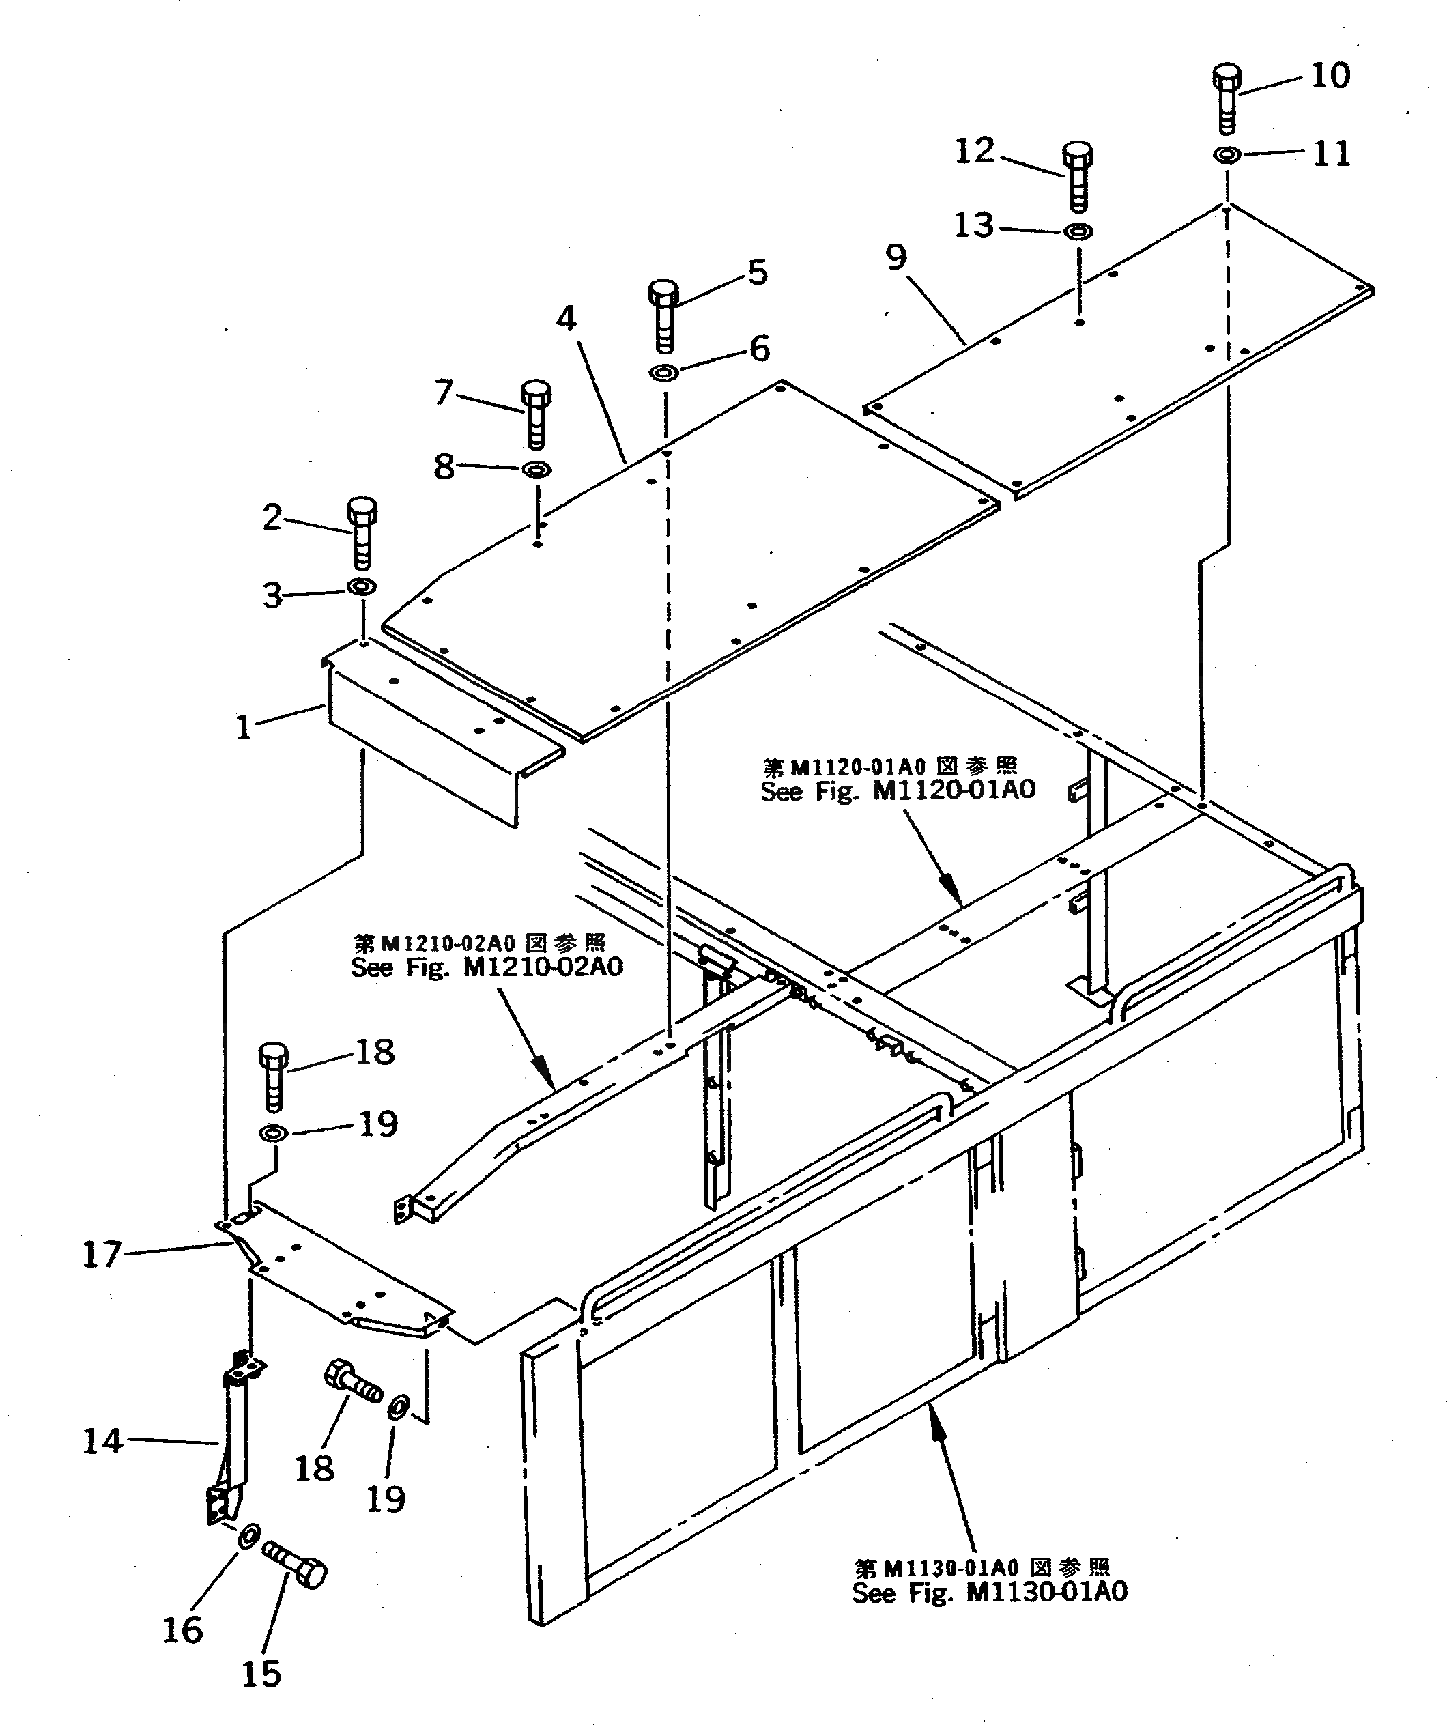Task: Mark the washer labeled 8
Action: tap(536, 470)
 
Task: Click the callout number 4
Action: tap(566, 318)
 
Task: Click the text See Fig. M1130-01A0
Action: tap(989, 1593)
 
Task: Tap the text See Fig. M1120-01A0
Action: tap(898, 790)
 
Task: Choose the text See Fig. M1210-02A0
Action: tap(487, 967)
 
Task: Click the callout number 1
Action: tap(243, 727)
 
